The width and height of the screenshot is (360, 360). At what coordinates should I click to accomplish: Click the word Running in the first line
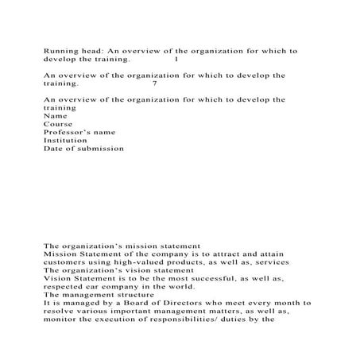[x=59, y=50]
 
